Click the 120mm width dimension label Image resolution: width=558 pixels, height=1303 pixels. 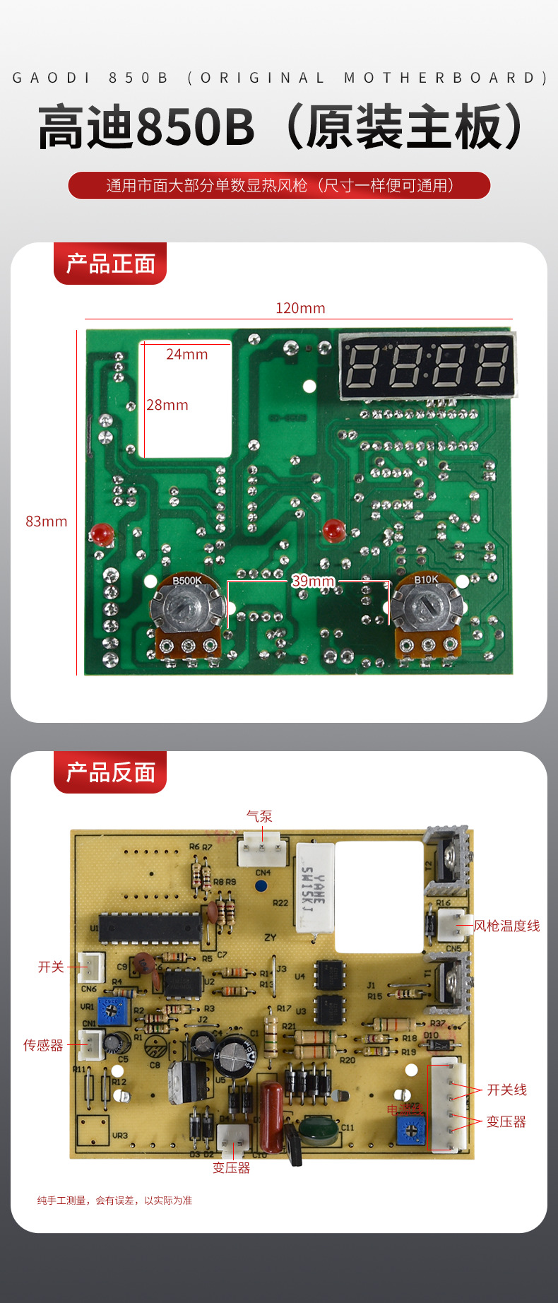point(300,308)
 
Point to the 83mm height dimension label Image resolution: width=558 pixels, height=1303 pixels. point(47,521)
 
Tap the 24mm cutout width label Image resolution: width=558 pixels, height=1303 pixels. point(187,354)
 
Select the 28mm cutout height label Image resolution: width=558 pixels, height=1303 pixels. point(167,405)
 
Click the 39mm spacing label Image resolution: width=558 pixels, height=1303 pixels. point(313,581)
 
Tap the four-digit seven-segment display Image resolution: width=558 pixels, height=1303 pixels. point(427,365)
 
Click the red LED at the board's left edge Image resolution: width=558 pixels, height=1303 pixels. point(102,534)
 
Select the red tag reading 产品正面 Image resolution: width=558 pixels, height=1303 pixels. point(110,264)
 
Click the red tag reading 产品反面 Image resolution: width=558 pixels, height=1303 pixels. point(110,772)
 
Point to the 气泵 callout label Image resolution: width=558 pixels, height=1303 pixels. point(259,816)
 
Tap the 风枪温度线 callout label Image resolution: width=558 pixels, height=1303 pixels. point(506,926)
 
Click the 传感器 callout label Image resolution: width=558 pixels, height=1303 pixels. point(43,1045)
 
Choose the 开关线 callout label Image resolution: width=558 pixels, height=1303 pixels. point(506,1090)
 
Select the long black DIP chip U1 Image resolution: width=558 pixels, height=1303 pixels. point(150,928)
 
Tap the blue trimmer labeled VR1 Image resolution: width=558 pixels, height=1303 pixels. point(109,1011)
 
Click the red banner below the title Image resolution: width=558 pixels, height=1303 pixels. point(279,186)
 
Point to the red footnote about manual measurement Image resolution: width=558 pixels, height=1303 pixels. point(114,1200)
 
